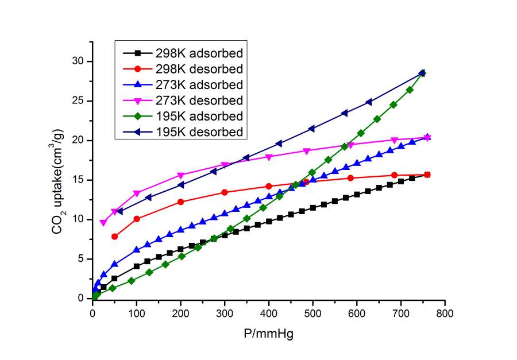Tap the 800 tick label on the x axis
pos(445,313)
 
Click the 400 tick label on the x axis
pos(268,313)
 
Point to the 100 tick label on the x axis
pos(136,313)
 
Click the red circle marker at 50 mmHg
pos(115,237)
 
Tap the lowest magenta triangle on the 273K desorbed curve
pos(103,223)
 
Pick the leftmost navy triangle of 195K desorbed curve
pos(119,211)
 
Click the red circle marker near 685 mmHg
pos(394,175)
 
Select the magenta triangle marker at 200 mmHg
pos(181,175)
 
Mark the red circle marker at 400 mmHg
pos(268,186)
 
